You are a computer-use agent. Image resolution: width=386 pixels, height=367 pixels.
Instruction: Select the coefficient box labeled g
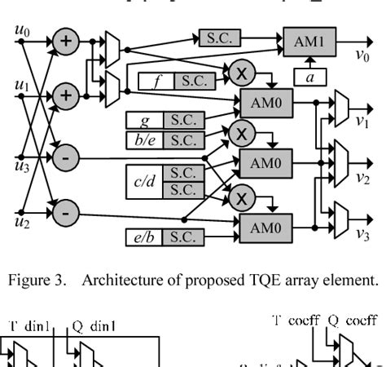pos(145,120)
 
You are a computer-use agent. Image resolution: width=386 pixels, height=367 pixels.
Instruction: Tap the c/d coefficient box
pos(145,181)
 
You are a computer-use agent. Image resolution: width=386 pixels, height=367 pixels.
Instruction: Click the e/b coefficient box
pos(145,237)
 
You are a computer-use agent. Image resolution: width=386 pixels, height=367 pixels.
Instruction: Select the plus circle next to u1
pos(67,95)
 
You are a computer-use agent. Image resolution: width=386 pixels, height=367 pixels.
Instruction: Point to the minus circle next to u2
pos(67,214)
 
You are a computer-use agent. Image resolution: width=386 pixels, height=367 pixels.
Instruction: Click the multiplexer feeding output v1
pos(341,104)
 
